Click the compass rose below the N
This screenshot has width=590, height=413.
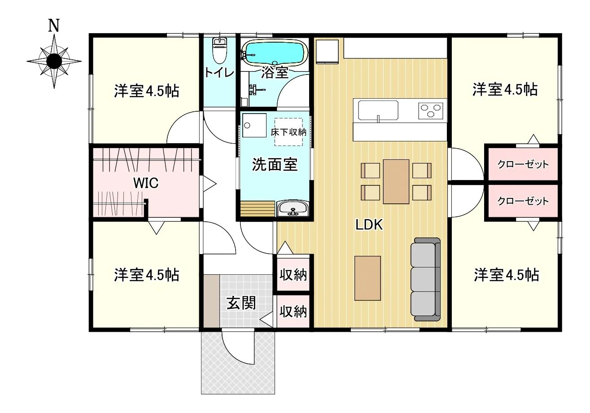click(x=54, y=61)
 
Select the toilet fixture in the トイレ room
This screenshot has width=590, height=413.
click(x=219, y=51)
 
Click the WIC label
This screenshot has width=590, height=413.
click(x=146, y=183)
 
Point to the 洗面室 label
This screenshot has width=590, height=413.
click(x=275, y=164)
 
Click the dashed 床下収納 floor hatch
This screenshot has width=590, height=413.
click(x=288, y=132)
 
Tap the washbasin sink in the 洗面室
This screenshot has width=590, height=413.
click(x=293, y=208)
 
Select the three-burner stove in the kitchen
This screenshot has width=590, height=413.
click(x=431, y=110)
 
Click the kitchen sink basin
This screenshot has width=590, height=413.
click(x=378, y=110)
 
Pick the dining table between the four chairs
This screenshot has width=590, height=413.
click(x=396, y=182)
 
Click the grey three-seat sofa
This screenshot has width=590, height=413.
click(x=425, y=279)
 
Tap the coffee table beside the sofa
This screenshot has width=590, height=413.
click(x=367, y=278)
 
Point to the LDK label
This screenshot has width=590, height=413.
click(x=369, y=225)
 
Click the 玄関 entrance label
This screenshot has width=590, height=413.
click(x=241, y=303)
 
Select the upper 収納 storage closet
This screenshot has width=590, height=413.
click(x=293, y=274)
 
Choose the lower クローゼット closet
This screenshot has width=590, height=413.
click(x=523, y=202)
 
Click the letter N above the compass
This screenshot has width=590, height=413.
click(x=54, y=25)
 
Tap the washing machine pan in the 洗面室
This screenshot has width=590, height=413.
click(x=254, y=125)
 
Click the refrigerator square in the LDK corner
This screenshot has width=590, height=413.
click(x=327, y=52)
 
